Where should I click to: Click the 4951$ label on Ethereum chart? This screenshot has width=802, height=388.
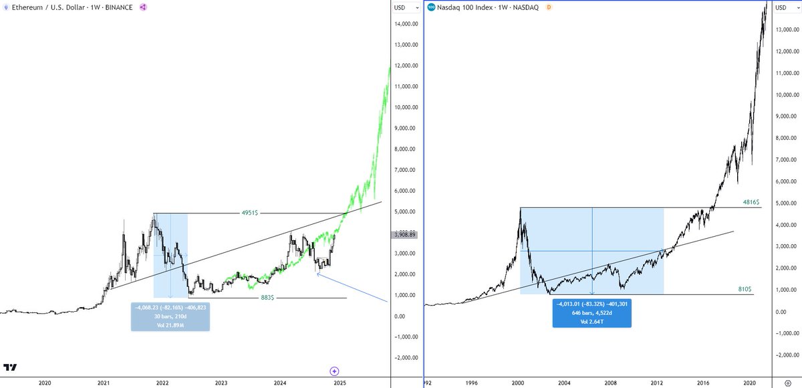coord(251,213)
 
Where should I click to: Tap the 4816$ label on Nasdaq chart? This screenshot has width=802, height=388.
coord(751,202)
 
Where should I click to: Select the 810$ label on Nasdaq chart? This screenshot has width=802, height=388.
coord(745,289)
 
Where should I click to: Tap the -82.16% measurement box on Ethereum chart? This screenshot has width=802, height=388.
coord(170,316)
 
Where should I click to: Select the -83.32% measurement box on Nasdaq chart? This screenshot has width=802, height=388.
coord(592,312)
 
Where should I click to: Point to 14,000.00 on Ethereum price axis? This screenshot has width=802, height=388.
coord(406,24)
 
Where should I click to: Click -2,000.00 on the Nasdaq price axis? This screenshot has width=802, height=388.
coord(787,355)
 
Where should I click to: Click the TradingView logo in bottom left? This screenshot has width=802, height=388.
coord(9,368)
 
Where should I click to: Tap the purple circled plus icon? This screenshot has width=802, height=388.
coord(335,371)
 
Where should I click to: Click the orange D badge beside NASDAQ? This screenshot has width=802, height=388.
coord(549,7)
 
